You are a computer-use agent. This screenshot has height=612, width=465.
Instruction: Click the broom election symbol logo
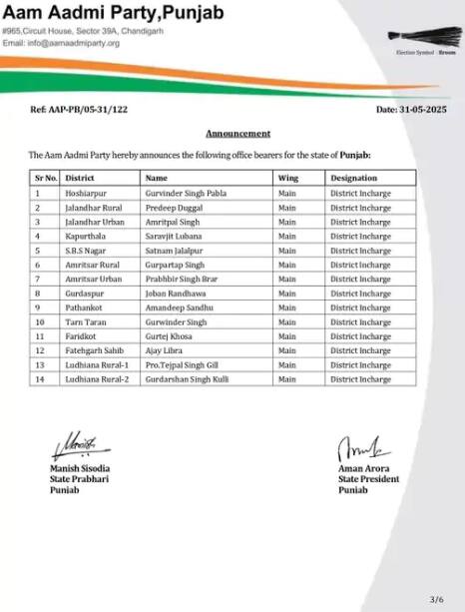[x=424, y=39]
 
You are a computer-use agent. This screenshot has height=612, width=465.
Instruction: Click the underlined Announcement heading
[x=237, y=133]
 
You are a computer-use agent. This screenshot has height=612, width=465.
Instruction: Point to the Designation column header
[x=354, y=177]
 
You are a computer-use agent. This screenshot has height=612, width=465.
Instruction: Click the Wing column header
[x=288, y=177]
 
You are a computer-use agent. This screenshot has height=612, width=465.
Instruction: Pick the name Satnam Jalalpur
[x=173, y=252]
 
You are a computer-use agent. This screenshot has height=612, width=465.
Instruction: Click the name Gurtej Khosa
[x=168, y=337]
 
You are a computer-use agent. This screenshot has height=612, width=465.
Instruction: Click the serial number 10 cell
[x=40, y=322]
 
